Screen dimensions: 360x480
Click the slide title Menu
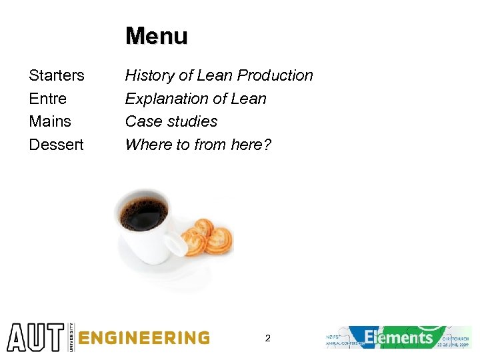[x=157, y=36]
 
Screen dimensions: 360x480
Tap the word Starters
[x=57, y=75]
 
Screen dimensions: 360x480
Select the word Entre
[x=48, y=99]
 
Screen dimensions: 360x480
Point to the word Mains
[x=50, y=121]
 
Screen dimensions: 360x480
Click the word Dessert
[x=57, y=144]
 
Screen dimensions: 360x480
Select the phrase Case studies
[x=171, y=121]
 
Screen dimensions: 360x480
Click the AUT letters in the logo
[x=35, y=337]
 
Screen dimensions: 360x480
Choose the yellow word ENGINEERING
[x=144, y=338]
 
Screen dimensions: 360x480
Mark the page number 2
[x=267, y=338]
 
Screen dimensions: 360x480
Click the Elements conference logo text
[x=399, y=337]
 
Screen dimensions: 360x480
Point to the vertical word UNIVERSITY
[x=71, y=337]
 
